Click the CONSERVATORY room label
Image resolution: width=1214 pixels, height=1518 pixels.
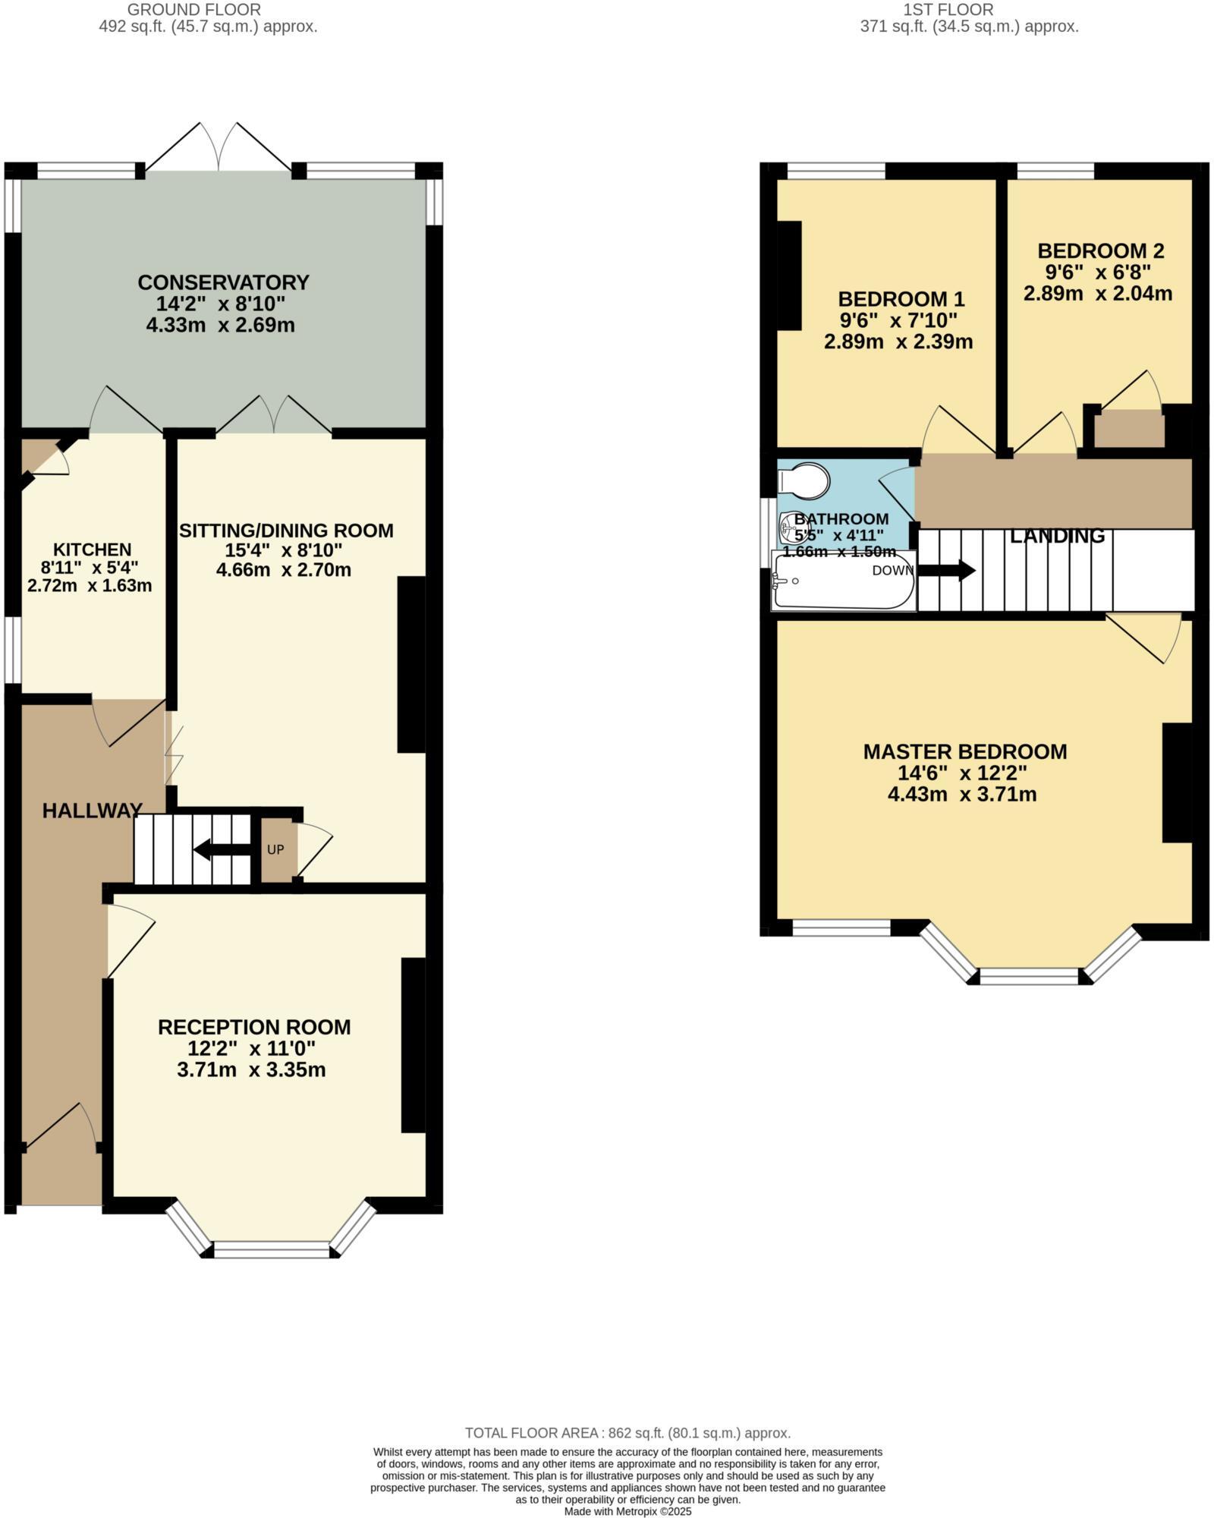(x=223, y=282)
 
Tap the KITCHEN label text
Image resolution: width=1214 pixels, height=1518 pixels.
(x=92, y=549)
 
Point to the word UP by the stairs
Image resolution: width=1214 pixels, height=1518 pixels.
(x=275, y=849)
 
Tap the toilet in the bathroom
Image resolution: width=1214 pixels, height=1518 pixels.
(x=804, y=480)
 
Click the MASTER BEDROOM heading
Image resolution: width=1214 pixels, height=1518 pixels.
(x=964, y=751)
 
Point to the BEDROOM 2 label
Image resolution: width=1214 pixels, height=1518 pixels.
(x=1100, y=250)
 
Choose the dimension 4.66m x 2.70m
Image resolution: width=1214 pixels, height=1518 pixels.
(x=284, y=569)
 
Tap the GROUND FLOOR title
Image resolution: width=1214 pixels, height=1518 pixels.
(x=194, y=10)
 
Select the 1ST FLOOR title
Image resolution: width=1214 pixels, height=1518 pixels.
(x=948, y=10)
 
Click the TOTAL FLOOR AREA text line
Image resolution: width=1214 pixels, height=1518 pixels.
(x=627, y=1433)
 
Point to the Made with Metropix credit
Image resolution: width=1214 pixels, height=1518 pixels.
(x=627, y=1511)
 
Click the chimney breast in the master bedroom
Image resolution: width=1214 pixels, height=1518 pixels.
(x=1177, y=783)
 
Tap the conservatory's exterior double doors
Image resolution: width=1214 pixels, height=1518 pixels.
(x=219, y=148)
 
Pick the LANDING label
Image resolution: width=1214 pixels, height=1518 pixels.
(x=1057, y=536)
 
